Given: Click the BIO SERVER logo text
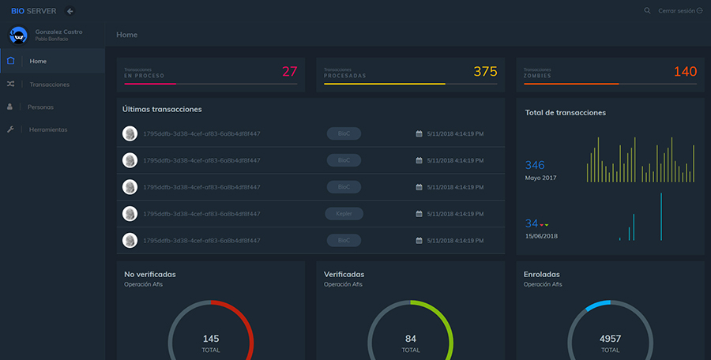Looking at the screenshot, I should [x=33, y=11].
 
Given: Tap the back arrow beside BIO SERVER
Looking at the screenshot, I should [x=70, y=11].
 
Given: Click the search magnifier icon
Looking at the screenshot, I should [x=647, y=11].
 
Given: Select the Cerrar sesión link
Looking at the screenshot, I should [x=679, y=11].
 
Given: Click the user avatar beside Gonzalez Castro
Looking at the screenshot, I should [x=19, y=35].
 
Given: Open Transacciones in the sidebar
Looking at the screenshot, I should [x=49, y=84].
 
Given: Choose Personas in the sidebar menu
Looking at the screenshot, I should [x=40, y=107].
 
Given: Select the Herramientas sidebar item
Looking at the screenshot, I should [x=47, y=129].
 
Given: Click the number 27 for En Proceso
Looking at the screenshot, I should [x=289, y=72].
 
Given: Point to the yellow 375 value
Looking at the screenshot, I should [x=485, y=72].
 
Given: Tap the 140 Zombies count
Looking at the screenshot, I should [x=685, y=72].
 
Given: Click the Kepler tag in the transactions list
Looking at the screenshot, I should [x=344, y=213].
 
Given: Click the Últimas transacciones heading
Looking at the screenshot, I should [x=162, y=109].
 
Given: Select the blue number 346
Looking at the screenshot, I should [x=535, y=165].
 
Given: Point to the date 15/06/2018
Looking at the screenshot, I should [x=541, y=236].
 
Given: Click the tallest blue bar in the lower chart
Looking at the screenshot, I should [x=661, y=216].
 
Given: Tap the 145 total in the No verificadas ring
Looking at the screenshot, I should [x=211, y=339].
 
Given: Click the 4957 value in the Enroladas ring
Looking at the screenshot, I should [x=610, y=339].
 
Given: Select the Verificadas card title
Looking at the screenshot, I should [x=344, y=274].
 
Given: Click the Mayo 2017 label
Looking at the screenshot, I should [x=540, y=178].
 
